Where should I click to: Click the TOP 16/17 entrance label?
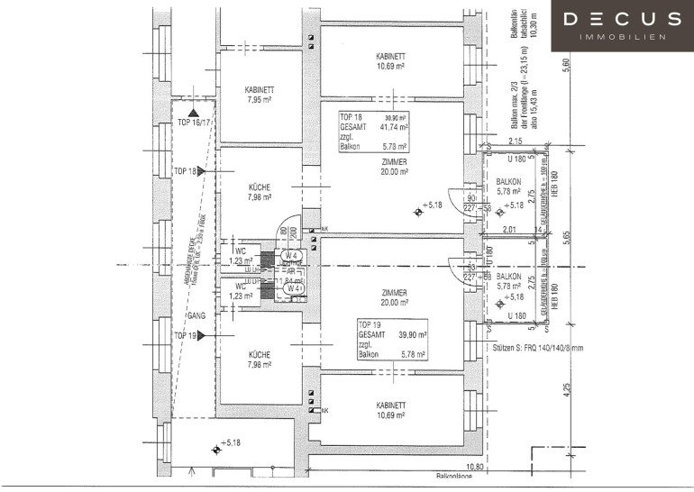[x=194, y=122]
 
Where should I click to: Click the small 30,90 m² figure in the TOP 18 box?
[x=396, y=118]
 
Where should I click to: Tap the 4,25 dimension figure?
[x=567, y=393]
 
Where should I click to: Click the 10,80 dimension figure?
[x=475, y=467]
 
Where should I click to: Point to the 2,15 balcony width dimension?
[x=516, y=141]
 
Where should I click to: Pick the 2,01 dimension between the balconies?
[x=509, y=230]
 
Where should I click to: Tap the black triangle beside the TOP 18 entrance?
[x=202, y=170]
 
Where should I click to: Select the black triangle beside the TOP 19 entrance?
[x=202, y=335]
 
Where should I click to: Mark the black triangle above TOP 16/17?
[x=192, y=111]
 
